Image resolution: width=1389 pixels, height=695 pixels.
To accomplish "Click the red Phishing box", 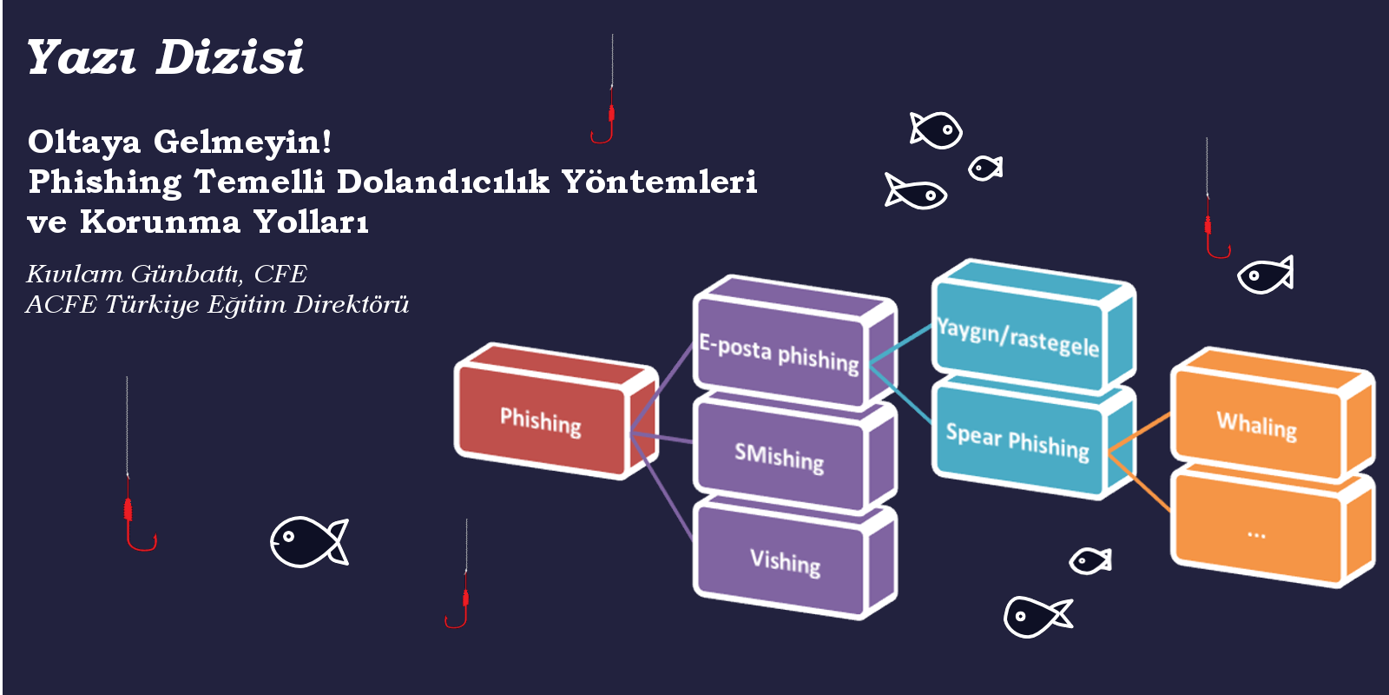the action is (x=556, y=412).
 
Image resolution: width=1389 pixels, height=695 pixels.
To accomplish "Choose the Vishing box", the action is (x=793, y=559).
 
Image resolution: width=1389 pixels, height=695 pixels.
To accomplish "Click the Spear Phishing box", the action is (x=1033, y=440).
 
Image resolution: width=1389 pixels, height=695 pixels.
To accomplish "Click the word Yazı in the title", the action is (x=82, y=57).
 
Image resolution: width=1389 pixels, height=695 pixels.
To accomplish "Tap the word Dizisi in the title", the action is (x=230, y=57).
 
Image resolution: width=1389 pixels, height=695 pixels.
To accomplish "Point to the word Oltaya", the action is (x=84, y=142).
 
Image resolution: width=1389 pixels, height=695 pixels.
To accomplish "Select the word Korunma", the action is (x=160, y=222).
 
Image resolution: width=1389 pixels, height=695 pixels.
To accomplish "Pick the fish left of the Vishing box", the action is (x=309, y=542).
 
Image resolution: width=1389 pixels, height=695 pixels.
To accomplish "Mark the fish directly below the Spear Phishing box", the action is (x=1089, y=561).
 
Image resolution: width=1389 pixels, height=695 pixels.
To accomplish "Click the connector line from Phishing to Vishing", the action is (x=661, y=486).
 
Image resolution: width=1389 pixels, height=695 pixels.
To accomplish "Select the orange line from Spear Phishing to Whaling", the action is (x=1139, y=433).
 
